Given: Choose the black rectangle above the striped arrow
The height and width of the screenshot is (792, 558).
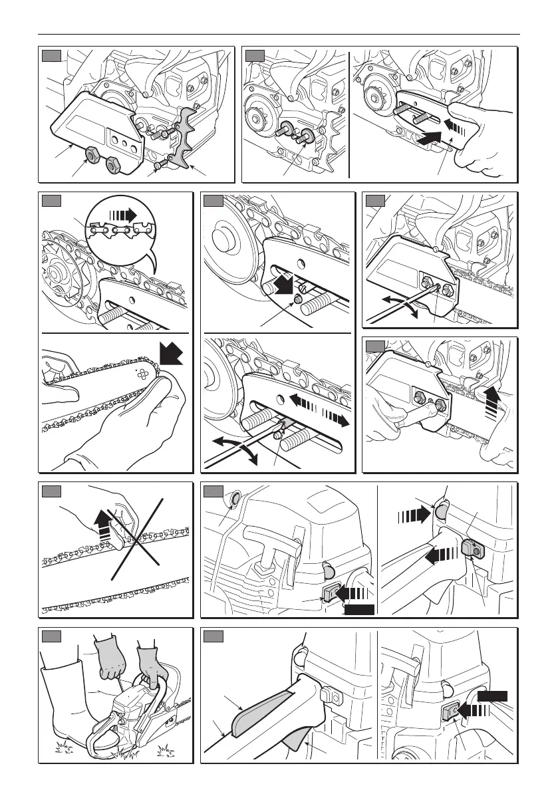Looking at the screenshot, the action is (x=493, y=696).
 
